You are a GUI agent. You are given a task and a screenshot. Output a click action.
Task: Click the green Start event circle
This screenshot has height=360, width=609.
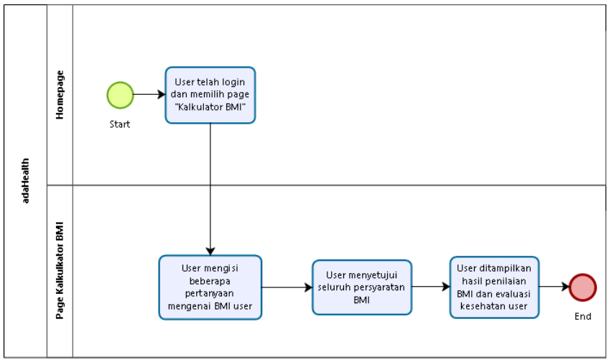coord(120,95)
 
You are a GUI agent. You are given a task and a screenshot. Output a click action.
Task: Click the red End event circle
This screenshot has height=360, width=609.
coord(582,287)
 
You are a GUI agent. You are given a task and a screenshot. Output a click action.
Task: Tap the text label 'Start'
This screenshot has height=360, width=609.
coord(120,124)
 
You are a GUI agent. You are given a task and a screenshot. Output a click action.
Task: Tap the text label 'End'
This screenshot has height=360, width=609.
coord(582,316)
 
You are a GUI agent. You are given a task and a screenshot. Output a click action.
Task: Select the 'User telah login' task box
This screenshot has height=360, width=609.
coord(210,95)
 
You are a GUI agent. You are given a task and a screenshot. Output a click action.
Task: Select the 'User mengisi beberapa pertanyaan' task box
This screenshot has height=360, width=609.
coord(210,287)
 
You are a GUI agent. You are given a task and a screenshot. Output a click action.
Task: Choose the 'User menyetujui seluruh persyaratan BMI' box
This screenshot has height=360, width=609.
coord(362,287)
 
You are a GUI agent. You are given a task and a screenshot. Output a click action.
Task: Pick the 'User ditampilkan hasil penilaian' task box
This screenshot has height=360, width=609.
coord(494,287)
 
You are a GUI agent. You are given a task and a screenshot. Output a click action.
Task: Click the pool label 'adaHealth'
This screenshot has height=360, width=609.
coord(26,180)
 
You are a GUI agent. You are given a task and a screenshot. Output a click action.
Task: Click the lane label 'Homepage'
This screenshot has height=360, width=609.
coord(60,94)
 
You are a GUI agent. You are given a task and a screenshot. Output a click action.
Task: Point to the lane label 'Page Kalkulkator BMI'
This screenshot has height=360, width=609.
coord(60,269)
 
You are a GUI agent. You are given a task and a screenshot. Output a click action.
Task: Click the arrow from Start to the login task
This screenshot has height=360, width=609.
coord(149,95)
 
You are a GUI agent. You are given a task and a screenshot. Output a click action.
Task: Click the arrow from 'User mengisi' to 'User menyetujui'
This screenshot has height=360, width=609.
coord(287,287)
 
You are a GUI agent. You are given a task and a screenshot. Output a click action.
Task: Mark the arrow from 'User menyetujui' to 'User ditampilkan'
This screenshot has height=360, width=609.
coord(430,287)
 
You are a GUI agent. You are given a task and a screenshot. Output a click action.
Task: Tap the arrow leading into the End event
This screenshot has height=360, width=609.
coord(554,287)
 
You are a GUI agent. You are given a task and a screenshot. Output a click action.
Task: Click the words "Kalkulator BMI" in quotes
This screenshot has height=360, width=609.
coord(210,107)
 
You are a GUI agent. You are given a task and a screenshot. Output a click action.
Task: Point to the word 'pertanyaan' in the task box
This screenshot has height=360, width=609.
coord(210,293)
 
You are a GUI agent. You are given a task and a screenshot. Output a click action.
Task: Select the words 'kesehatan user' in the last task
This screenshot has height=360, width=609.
coord(494,306)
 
